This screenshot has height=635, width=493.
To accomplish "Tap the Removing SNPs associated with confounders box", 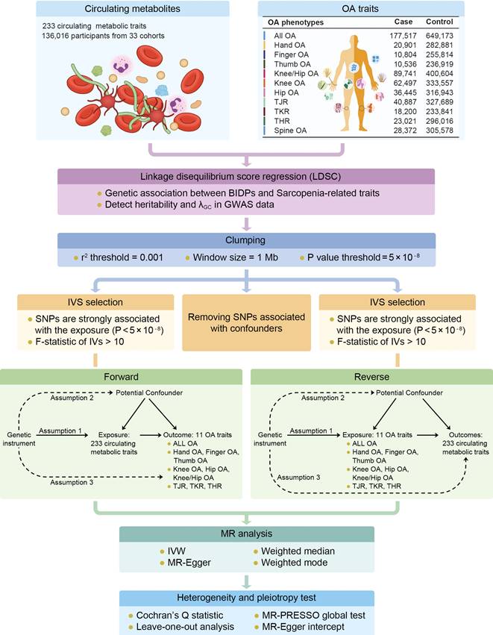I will coord(246,318).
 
